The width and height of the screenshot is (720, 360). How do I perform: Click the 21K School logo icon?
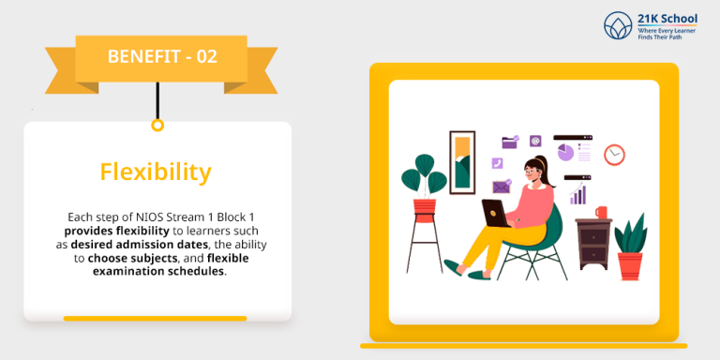point(618,25)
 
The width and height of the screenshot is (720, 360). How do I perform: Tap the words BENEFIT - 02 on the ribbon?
point(162,56)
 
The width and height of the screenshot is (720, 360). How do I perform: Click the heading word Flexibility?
point(156,172)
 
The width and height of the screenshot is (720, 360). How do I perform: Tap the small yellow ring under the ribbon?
point(157,125)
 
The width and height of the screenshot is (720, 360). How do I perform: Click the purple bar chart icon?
point(577,194)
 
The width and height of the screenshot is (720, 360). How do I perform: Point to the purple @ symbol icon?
point(535,141)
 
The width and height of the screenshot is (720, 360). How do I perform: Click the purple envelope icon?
point(501,186)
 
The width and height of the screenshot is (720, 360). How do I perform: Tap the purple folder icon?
point(510,142)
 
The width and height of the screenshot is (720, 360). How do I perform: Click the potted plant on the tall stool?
point(424,183)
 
